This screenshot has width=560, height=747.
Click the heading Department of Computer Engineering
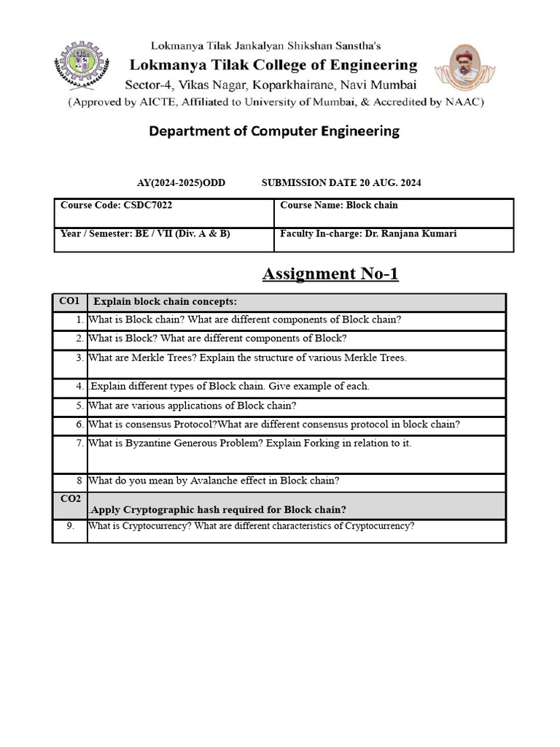point(274,131)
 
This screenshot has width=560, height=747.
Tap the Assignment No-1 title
point(330,274)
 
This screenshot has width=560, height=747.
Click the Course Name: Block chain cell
point(339,206)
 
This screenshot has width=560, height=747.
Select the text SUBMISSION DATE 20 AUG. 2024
point(341,183)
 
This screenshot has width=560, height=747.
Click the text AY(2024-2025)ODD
point(181,183)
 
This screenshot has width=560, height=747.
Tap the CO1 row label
point(69,301)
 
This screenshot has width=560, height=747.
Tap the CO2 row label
point(69,498)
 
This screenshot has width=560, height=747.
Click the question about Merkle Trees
point(247,358)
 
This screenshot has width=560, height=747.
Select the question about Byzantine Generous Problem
point(249,444)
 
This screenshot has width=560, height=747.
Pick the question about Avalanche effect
point(214,481)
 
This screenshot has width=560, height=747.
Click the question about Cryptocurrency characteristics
point(251,526)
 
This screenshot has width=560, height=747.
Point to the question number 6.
point(79,425)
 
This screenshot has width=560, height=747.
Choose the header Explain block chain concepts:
point(166,302)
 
